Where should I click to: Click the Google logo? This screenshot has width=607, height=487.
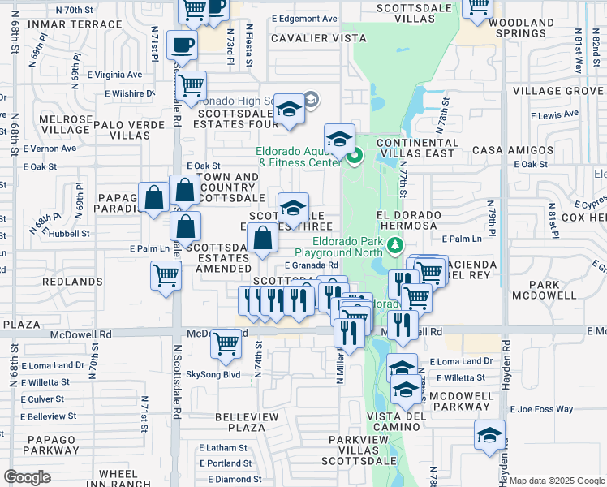point(27,477)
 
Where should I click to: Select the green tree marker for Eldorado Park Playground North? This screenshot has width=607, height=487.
point(395,244)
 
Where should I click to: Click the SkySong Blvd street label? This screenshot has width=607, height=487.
point(213,374)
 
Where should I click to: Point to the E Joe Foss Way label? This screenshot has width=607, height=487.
point(542,409)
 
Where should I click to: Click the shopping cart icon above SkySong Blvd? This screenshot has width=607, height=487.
point(226,343)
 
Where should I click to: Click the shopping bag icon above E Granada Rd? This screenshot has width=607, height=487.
point(262,240)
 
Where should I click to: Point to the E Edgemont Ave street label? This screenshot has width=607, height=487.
point(304,18)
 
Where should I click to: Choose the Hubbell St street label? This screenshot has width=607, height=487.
point(71,233)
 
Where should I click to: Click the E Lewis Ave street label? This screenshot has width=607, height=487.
point(557,114)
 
